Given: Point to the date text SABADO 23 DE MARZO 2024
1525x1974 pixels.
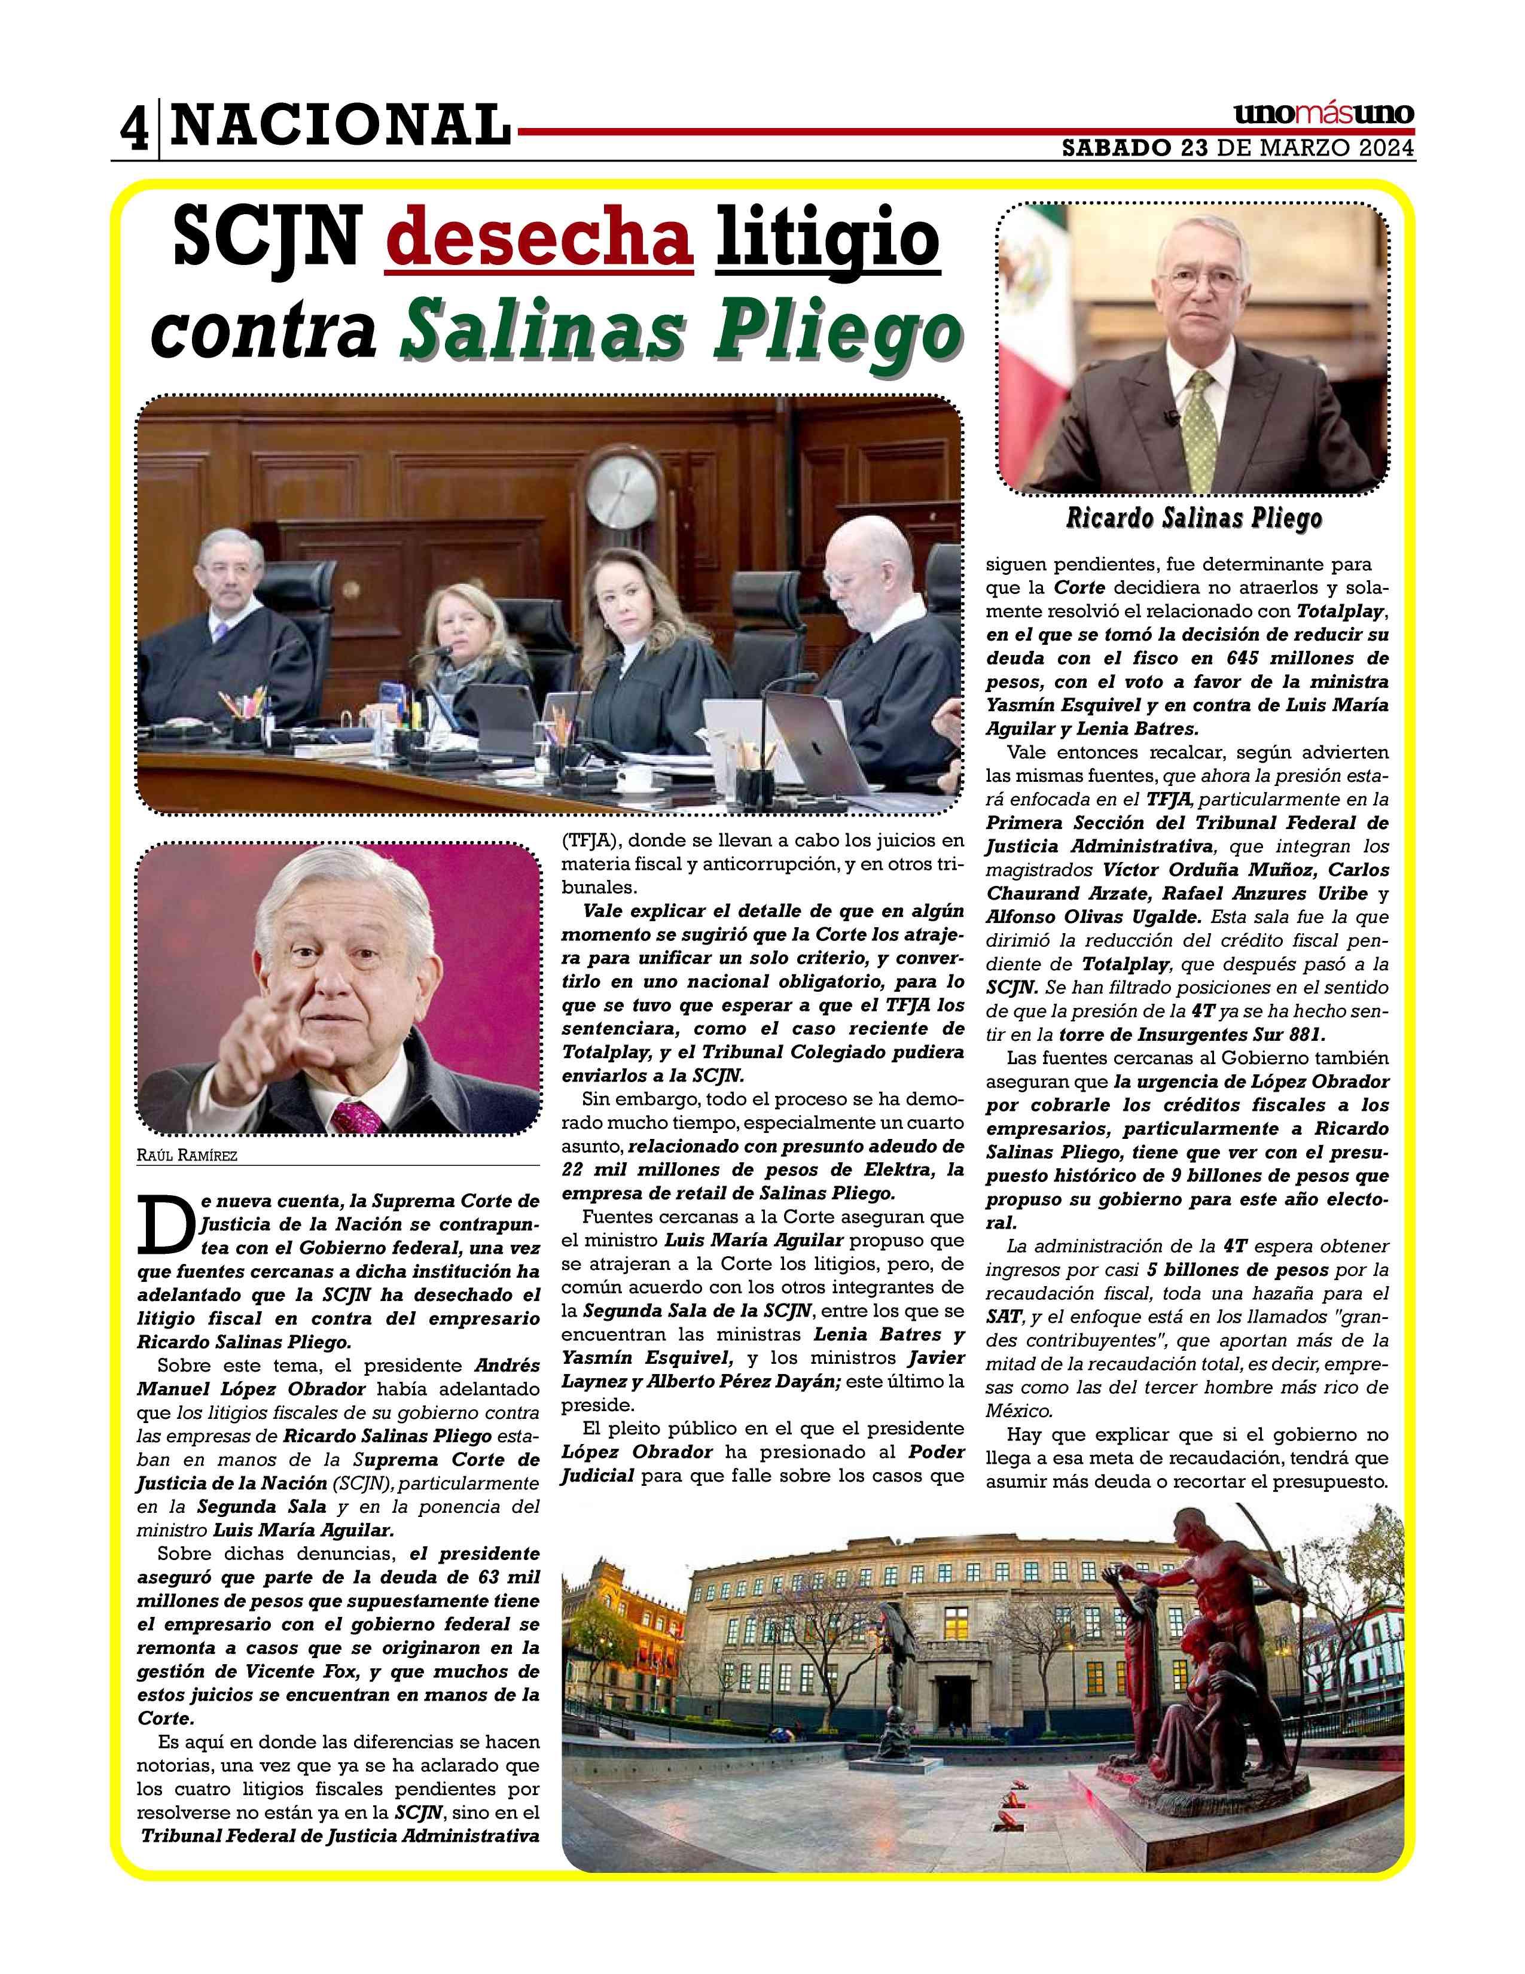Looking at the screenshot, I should (1238, 148).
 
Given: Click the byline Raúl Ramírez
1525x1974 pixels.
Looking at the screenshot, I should (187, 1155).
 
